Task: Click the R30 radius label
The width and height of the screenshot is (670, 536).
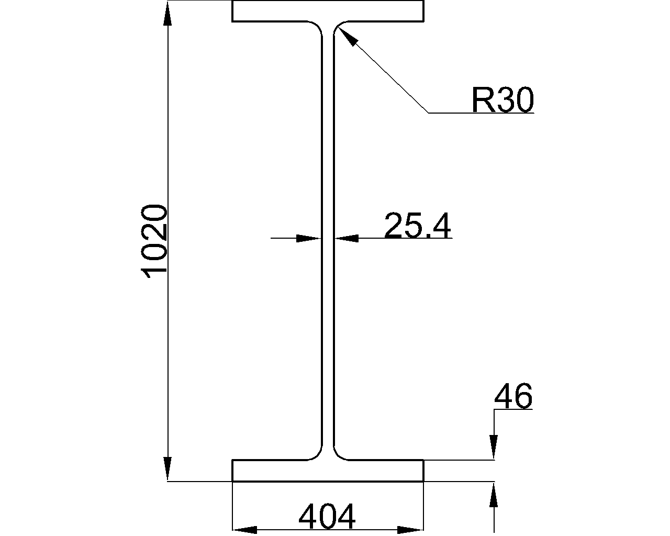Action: click(x=502, y=100)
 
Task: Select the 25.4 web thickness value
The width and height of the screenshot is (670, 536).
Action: click(x=417, y=226)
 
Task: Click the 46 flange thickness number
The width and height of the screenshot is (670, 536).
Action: click(x=513, y=396)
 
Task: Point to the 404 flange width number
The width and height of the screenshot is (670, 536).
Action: click(x=327, y=517)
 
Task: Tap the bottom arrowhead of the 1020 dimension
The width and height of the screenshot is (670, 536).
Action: click(x=167, y=467)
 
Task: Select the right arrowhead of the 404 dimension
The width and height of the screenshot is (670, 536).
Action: click(x=410, y=530)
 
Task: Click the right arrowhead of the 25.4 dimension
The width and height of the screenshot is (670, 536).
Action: click(x=347, y=239)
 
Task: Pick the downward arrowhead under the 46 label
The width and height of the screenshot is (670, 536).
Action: click(x=493, y=447)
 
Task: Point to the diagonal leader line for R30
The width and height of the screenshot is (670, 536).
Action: click(x=390, y=76)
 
